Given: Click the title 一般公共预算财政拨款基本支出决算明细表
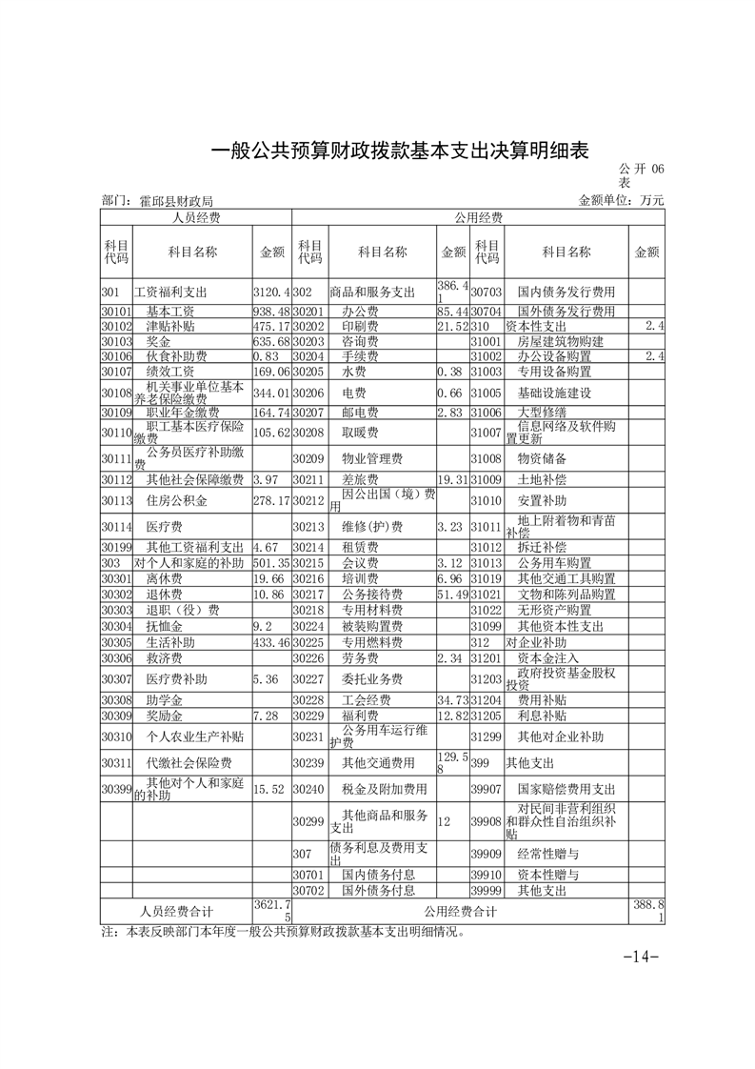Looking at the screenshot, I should [399, 151].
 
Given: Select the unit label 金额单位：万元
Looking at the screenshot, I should [620, 201].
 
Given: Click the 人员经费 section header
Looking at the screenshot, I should [195, 218].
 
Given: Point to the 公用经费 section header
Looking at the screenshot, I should [478, 218].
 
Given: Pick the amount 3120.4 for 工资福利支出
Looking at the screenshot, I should [271, 292].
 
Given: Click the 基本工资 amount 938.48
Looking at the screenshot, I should [271, 312].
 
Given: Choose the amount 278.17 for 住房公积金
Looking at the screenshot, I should [271, 500].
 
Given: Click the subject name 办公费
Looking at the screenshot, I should [362, 312].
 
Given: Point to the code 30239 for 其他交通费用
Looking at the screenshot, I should [308, 763].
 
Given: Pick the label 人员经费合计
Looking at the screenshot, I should [176, 911].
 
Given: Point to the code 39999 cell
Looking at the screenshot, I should [487, 890].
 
